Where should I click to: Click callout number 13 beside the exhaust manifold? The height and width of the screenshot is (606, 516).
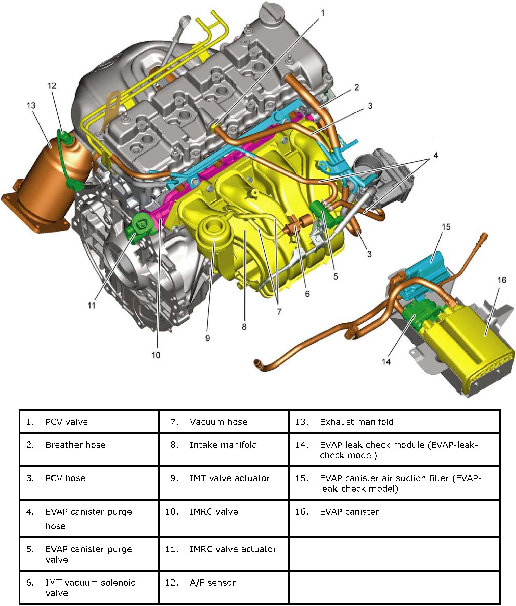click(x=31, y=105)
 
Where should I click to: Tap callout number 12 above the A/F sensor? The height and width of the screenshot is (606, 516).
click(x=52, y=86)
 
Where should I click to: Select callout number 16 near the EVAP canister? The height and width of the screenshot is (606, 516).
click(x=502, y=280)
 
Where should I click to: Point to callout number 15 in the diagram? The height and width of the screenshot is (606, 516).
click(x=446, y=227)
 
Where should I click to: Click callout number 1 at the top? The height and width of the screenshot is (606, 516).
click(x=323, y=13)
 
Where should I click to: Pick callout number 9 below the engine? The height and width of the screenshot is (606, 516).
click(x=207, y=338)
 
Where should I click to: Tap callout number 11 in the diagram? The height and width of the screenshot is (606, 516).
click(x=92, y=305)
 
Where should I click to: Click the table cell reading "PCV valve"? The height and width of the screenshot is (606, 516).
click(x=67, y=422)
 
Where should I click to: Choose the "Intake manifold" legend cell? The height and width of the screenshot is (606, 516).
click(x=223, y=445)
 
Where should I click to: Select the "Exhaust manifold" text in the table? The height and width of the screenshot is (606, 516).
click(x=357, y=422)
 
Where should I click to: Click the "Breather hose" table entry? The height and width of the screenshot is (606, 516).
click(x=75, y=445)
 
